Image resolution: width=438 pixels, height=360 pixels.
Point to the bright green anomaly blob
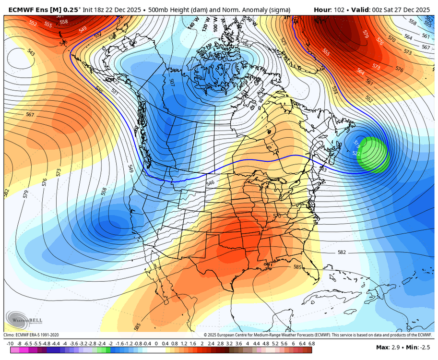click(373, 155)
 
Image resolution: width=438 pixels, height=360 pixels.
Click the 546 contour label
click(210, 183)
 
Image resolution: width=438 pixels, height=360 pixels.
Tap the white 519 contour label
click(356, 144)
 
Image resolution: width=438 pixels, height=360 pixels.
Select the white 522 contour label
click(356, 153)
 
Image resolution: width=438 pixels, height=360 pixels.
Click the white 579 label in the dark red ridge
click(366, 34)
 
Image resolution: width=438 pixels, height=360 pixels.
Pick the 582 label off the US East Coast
click(342, 252)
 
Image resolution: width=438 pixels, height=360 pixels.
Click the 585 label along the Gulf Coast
click(297, 267)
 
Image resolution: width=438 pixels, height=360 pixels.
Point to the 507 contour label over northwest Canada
click(172, 82)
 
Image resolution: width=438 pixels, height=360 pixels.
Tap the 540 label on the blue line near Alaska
click(99, 89)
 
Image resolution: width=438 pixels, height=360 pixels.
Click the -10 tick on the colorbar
click(10, 344)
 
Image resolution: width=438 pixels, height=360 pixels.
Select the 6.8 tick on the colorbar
click(311, 344)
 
